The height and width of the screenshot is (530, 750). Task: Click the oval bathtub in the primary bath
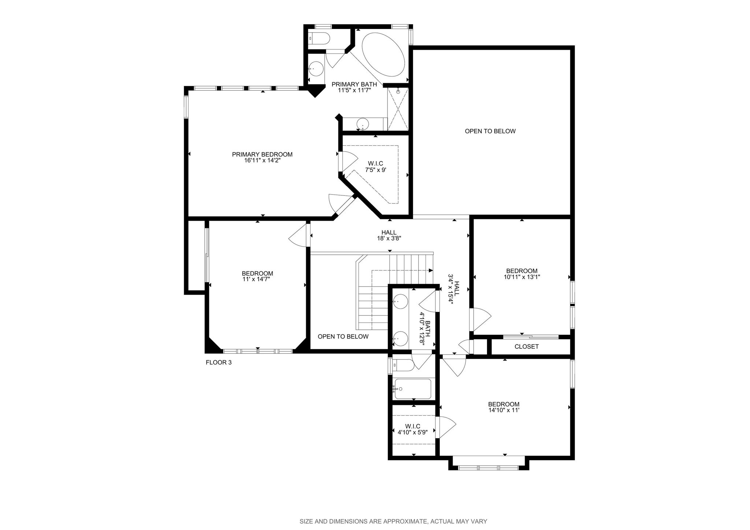[383, 55]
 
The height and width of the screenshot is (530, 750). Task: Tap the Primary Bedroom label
[262, 154]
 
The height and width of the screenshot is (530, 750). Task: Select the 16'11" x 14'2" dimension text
[262, 160]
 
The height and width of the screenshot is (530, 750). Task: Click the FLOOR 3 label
[219, 363]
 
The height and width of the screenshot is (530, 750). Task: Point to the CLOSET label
[527, 347]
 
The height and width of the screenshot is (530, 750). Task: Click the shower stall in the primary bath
[398, 109]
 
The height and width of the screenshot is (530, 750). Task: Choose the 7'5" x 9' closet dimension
[376, 170]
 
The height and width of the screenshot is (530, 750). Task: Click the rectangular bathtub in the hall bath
[412, 389]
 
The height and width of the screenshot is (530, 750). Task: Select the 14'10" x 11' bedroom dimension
[504, 410]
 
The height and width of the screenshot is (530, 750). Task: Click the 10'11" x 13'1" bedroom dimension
[522, 277]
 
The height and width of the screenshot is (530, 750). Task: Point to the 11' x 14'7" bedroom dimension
[257, 279]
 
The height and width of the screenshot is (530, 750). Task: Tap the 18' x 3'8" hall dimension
[389, 238]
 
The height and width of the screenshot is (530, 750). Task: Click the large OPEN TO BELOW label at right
[490, 131]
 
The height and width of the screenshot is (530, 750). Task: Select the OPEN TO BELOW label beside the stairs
[343, 337]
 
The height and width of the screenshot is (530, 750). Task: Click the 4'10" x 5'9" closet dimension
[413, 432]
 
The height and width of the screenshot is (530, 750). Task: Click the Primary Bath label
[354, 85]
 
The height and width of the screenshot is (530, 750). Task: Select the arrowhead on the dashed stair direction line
[431, 270]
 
